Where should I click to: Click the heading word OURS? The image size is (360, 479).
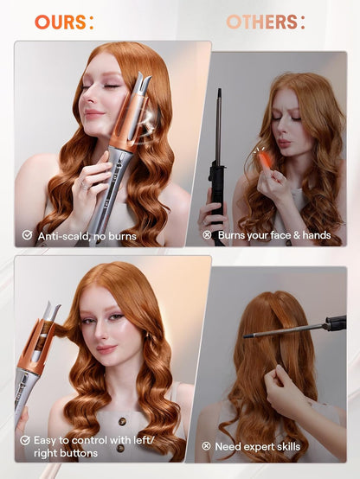pos(60,22)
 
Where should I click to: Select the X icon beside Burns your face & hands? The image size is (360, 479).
pos(207,234)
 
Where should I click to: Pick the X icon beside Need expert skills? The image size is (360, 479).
pos(207,446)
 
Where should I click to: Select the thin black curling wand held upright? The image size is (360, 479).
pos(218,138)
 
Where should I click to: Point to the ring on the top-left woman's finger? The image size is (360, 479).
pos(85,183)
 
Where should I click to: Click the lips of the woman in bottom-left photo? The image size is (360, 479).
pos(106,348)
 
